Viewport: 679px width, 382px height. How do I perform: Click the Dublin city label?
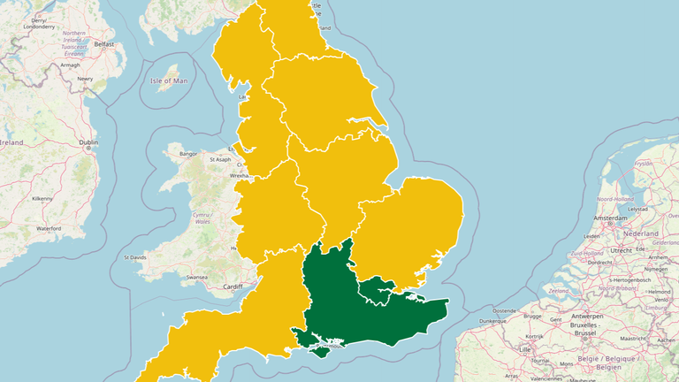tap(88, 141)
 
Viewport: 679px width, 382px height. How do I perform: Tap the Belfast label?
tap(105, 43)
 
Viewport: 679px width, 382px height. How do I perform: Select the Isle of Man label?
tap(169, 81)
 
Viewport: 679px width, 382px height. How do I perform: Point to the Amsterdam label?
tap(611, 218)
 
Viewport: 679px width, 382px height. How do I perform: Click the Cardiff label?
tap(233, 286)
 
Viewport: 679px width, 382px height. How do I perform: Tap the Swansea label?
tap(196, 277)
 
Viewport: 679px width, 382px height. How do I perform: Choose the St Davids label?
tap(136, 257)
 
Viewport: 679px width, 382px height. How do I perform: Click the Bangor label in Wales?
tap(188, 154)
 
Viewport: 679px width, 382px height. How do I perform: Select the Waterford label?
tap(49, 228)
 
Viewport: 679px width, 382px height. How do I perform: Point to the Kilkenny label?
tap(42, 199)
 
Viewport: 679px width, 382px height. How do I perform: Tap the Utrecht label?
tap(622, 250)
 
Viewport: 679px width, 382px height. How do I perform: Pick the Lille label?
tap(525, 349)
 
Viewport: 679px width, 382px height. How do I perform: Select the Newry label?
tap(85, 79)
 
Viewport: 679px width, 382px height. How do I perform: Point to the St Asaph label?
tap(219, 159)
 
